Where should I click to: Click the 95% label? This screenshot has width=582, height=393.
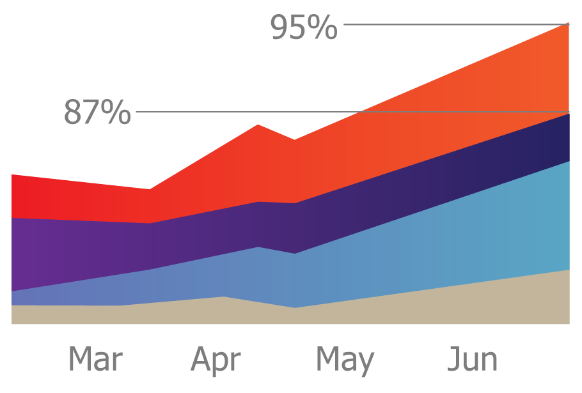point(304,27)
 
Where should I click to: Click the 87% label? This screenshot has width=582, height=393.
point(97,112)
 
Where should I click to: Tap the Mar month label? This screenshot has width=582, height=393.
point(95,360)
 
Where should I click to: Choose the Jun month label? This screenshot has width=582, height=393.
point(472,360)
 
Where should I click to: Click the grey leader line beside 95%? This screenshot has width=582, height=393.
point(448,24)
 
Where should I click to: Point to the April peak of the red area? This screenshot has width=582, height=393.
point(258,126)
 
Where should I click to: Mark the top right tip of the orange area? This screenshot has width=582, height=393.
point(567,24)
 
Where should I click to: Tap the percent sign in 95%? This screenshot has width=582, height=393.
point(322,27)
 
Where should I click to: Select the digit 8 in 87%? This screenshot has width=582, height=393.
point(74,112)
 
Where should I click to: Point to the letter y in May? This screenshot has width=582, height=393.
point(366,363)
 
